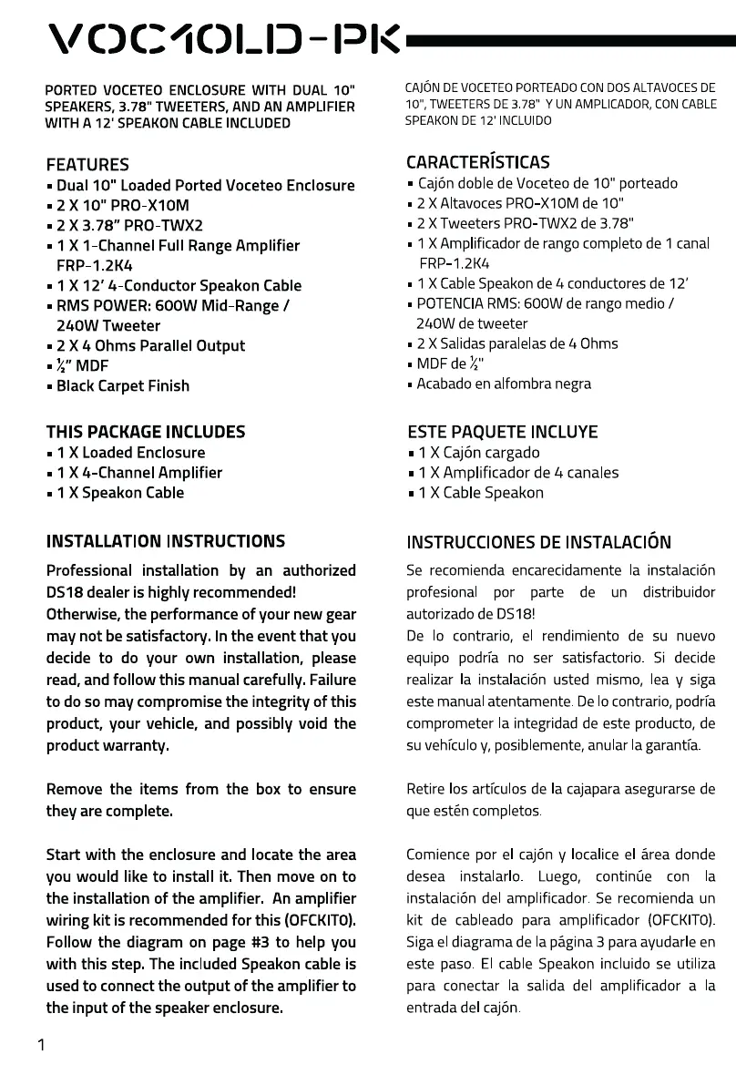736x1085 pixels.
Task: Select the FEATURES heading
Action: (87, 165)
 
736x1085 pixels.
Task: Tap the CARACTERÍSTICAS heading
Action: (477, 162)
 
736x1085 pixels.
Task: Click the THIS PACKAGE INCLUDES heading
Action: (146, 432)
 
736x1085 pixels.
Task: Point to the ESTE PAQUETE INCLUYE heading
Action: (502, 432)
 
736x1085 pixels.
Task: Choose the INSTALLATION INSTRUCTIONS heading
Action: (166, 541)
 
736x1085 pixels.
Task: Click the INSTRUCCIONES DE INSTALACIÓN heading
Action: (538, 543)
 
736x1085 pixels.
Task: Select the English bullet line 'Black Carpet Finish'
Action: (123, 386)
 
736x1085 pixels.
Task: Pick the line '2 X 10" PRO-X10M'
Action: (123, 206)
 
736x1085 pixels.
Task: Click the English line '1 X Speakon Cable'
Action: (120, 493)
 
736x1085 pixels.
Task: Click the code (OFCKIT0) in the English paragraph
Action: (316, 920)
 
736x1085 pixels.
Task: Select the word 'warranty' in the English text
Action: (138, 745)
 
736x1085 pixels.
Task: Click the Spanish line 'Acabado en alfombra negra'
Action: (504, 384)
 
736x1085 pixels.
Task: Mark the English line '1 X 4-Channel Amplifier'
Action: (139, 473)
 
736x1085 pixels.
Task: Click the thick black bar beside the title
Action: (569, 41)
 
